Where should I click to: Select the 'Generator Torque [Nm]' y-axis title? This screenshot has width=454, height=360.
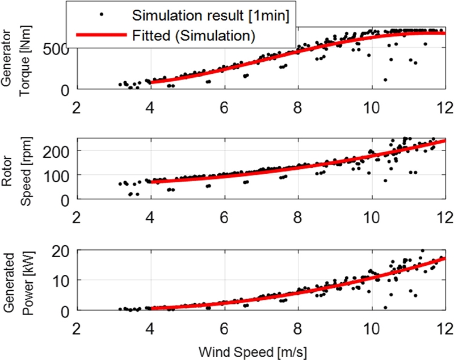coord(16,57)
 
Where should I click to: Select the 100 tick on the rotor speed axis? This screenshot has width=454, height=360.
coord(58,175)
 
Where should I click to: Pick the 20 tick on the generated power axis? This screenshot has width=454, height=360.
coord(62,251)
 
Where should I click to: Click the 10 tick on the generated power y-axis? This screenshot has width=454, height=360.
coord(62,281)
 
